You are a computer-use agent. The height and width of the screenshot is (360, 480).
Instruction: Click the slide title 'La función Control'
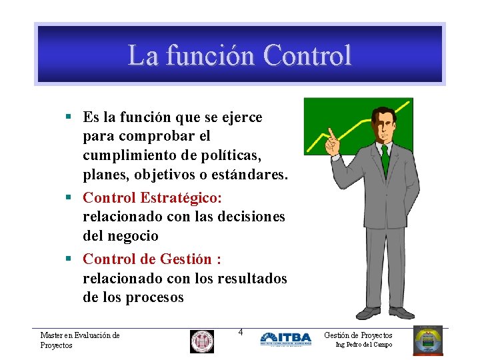(x=239, y=55)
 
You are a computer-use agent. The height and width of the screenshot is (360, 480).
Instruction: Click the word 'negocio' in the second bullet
(x=134, y=236)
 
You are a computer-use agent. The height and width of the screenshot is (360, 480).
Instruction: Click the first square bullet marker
(x=69, y=117)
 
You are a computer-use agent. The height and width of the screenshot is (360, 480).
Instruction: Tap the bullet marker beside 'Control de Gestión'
(x=69, y=259)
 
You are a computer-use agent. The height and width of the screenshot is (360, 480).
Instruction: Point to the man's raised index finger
(x=329, y=128)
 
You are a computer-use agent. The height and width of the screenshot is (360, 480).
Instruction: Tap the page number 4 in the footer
(x=241, y=332)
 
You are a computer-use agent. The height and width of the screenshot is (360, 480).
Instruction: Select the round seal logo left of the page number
(x=201, y=341)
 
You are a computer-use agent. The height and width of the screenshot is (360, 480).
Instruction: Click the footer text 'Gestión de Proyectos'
(x=358, y=335)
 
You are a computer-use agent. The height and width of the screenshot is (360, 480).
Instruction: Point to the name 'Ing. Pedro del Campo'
(x=363, y=345)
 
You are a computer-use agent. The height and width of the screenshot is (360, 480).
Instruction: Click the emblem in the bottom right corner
(x=427, y=340)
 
